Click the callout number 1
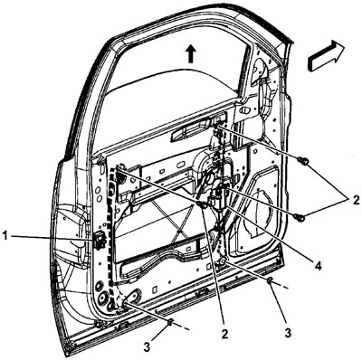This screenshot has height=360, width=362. pos(5,236)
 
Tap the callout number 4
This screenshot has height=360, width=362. pos(318,266)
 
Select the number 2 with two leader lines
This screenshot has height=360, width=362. pos(356,200)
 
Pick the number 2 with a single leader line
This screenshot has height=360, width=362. pos(225,334)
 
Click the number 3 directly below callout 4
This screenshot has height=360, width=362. pos(288,333)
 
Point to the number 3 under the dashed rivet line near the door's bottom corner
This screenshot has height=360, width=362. pos(147,347)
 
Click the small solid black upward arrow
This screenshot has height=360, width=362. pos(190,53)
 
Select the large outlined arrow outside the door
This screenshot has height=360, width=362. pos(326,55)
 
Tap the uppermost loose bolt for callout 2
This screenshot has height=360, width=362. pos(303,161)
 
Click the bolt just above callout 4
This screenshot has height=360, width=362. pos(300,216)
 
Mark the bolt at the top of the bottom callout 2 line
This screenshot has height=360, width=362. pos(202,204)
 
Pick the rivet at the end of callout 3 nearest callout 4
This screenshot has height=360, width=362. pos(270,280)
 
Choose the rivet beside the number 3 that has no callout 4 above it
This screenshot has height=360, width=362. pos(170,322)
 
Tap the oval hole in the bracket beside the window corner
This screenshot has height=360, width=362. pos(244,110)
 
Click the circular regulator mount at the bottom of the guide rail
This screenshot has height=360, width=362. pos(223,261)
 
